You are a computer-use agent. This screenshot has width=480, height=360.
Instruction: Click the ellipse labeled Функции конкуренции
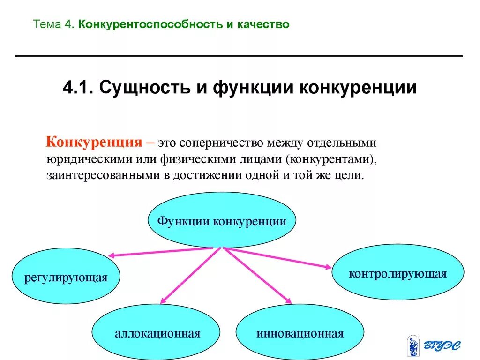click(x=222, y=220)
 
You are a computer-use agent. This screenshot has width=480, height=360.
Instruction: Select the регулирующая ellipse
click(x=66, y=276)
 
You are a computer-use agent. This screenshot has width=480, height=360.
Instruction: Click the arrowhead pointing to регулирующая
click(x=112, y=255)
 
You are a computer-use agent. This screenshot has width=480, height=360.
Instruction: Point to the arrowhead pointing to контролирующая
click(x=328, y=267)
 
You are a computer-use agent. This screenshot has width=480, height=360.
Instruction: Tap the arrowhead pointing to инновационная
click(x=288, y=301)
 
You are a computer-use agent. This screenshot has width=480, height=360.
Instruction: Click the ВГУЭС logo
click(x=433, y=346)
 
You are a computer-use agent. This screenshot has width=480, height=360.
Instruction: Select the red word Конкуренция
click(x=93, y=142)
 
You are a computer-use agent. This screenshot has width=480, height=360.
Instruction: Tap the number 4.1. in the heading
click(x=78, y=88)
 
